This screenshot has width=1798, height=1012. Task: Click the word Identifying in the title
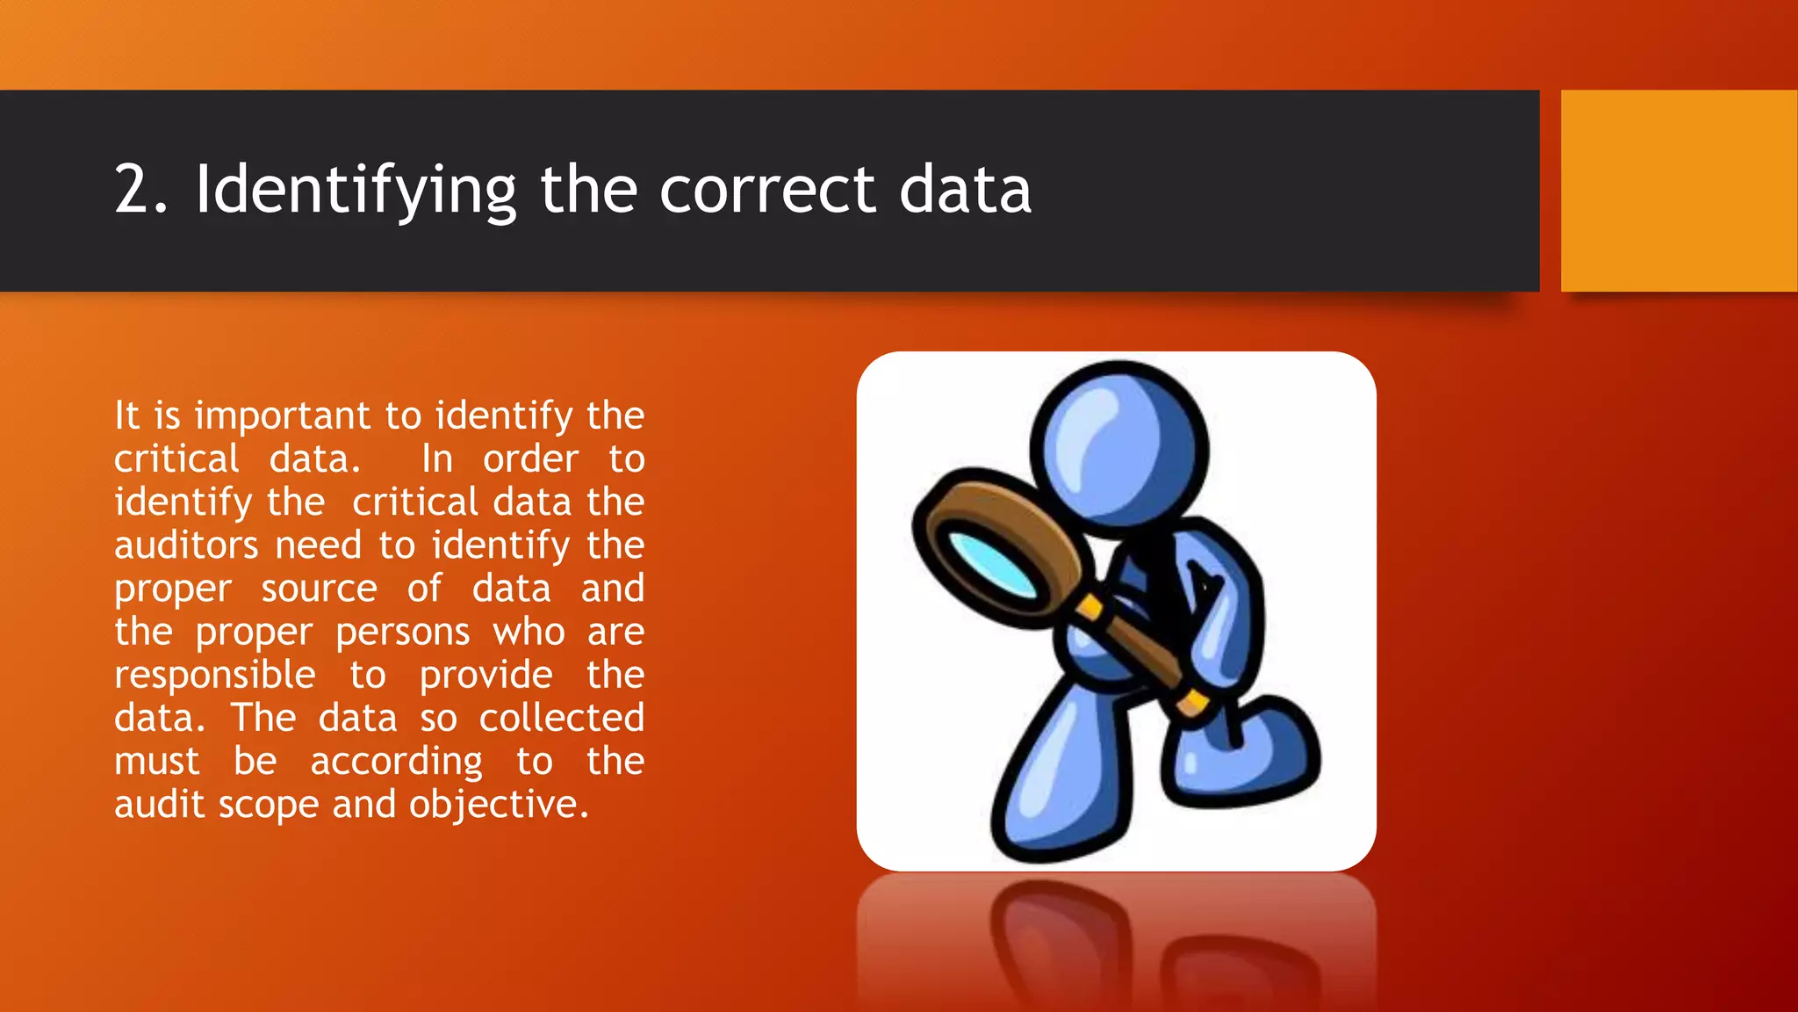356,191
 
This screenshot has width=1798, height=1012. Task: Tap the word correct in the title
766,191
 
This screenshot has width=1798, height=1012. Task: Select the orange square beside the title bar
1679,191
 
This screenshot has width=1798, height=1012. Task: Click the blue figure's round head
1119,449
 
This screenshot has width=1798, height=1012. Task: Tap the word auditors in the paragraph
186,546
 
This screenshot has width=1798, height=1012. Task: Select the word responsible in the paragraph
215,676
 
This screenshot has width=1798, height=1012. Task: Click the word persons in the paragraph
403,632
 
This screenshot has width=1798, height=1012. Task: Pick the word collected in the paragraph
562,719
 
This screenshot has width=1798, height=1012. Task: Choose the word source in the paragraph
320,589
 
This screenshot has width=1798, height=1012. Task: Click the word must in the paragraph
157,762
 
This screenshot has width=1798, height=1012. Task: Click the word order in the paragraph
530,459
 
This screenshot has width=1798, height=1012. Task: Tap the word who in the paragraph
529,632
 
